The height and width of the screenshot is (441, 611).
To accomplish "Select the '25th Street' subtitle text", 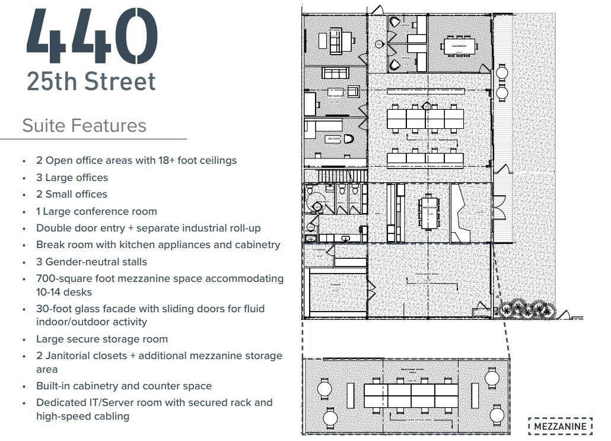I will (x=91, y=81).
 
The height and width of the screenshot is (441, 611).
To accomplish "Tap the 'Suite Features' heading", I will (x=84, y=126).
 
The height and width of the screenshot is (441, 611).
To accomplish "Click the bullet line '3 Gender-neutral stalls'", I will (x=91, y=262).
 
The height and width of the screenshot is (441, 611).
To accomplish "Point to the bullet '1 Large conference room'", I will (x=96, y=211).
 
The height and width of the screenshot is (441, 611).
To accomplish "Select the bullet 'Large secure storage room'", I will (x=101, y=339).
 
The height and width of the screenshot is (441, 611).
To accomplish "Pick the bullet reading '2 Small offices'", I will (x=71, y=194).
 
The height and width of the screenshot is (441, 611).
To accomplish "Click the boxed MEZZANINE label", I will (x=560, y=426).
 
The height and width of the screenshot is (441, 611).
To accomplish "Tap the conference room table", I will (x=459, y=45).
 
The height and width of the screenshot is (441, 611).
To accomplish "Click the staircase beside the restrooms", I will (x=336, y=176).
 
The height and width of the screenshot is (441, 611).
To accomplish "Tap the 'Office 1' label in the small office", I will (x=406, y=26).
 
